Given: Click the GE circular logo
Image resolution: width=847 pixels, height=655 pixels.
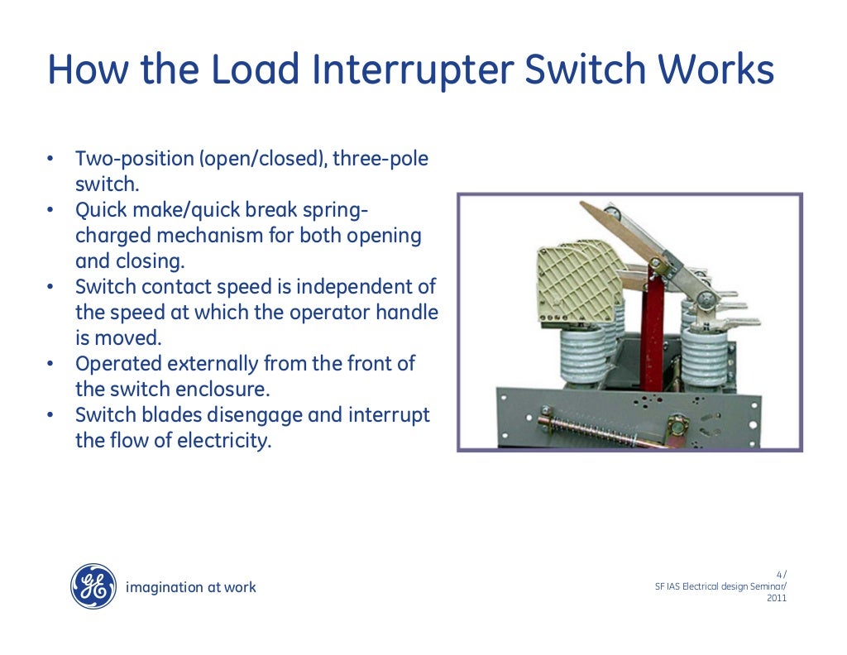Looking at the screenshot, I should pyautogui.click(x=93, y=586).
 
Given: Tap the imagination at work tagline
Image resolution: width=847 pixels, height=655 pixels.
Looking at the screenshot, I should pyautogui.click(x=190, y=587).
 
